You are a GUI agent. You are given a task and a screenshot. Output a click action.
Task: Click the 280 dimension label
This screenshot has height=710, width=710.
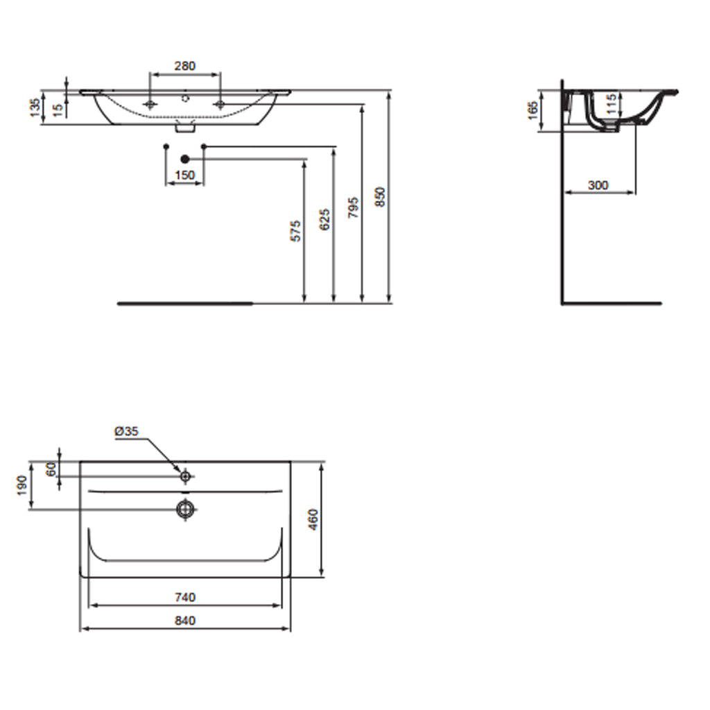tap(184, 67)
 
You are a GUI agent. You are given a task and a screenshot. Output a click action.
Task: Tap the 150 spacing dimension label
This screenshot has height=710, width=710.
tap(184, 175)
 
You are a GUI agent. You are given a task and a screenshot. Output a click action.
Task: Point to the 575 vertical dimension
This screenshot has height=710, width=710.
tap(296, 231)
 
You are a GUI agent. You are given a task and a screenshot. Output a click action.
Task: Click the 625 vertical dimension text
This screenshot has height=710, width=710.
tap(325, 218)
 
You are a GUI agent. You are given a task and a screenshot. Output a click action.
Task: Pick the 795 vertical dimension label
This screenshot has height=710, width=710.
tap(353, 207)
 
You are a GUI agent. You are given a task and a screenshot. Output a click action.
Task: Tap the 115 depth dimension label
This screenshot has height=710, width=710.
tap(611, 105)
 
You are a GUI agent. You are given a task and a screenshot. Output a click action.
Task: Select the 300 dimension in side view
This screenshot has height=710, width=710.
tap(598, 185)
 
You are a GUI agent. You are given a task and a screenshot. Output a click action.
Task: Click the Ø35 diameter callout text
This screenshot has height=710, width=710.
tap(127, 431)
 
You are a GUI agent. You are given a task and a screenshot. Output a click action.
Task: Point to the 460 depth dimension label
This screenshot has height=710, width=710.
tap(313, 519)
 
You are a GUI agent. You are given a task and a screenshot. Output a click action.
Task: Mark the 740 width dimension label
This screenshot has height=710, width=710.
tap(185, 597)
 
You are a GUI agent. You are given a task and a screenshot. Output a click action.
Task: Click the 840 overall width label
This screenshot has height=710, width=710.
tap(185, 621)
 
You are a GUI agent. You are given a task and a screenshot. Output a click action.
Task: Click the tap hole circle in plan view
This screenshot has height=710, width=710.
tap(185, 476)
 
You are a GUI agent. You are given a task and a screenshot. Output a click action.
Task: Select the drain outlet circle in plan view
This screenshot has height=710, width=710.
tap(185, 510)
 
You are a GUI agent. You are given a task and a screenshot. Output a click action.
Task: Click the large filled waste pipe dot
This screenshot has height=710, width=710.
tap(184, 159)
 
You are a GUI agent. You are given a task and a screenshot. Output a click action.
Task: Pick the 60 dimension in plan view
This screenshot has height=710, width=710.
tap(51, 469)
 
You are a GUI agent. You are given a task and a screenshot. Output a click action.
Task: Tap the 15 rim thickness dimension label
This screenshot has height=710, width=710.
tap(59, 107)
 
